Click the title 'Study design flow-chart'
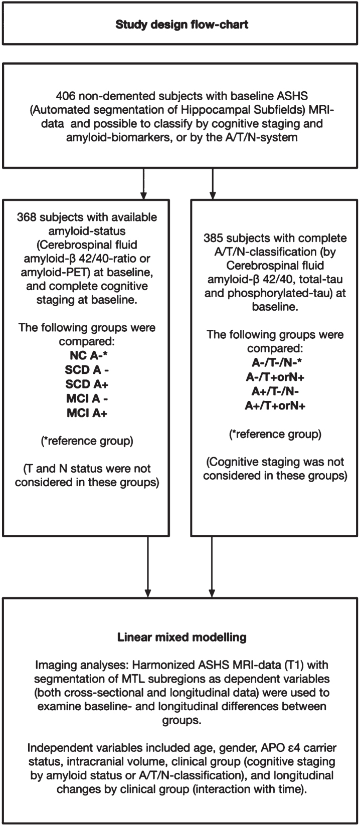point(182,24)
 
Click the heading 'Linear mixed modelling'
point(182,638)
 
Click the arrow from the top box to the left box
point(144,183)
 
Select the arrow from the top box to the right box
point(213,183)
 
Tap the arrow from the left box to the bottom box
point(148,566)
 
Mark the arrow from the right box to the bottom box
point(212,566)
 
